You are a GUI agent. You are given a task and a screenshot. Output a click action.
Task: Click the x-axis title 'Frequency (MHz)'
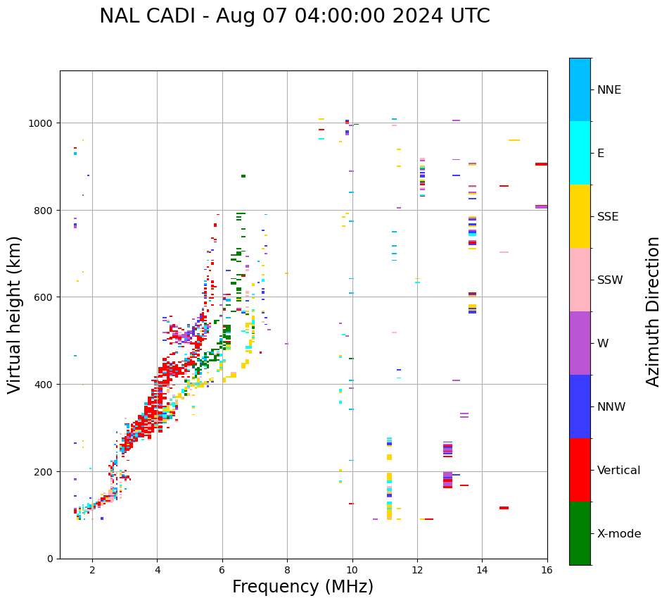(302, 587)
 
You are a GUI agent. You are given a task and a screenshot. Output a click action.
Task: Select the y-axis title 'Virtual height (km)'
(15, 314)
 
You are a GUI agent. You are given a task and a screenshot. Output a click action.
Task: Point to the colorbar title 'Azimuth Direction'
(654, 311)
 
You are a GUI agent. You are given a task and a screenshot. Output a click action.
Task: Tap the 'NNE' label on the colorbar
(609, 89)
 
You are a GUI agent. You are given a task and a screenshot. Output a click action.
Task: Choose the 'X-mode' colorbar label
(619, 534)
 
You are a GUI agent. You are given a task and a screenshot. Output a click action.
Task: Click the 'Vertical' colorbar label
(619, 471)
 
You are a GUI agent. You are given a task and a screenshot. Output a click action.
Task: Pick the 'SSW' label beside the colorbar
(610, 280)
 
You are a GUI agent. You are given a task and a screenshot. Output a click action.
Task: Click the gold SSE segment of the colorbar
(580, 216)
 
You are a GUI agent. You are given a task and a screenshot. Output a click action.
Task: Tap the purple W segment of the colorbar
(580, 343)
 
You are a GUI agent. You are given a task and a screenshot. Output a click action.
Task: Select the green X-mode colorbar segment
(580, 533)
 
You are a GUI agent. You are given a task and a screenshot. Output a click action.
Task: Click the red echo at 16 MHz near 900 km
(541, 164)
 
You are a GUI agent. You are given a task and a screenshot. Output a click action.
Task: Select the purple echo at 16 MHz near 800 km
(541, 206)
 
